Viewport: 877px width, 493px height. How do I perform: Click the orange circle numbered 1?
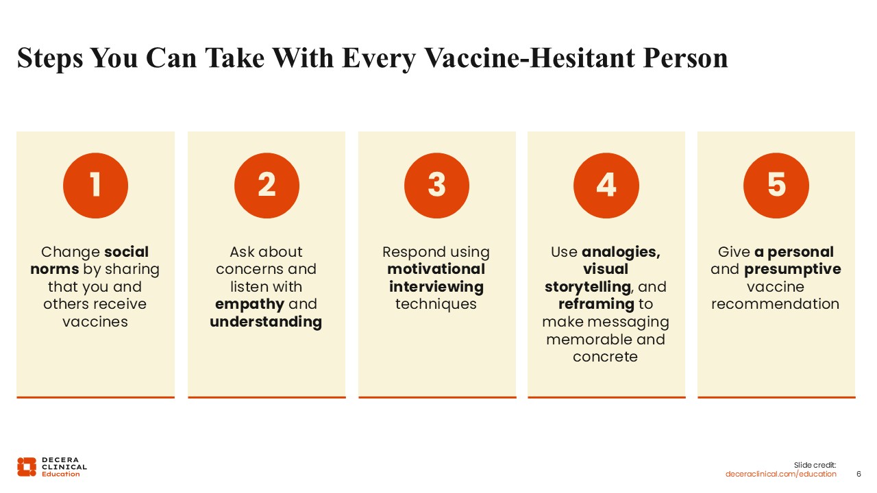tap(95, 186)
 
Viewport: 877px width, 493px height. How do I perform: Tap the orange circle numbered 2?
tap(267, 186)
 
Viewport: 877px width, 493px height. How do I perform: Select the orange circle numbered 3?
tap(436, 186)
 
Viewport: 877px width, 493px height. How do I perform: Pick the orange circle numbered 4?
tap(606, 186)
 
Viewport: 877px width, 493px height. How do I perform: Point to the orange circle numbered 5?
tap(776, 186)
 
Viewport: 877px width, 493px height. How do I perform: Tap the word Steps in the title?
tap(50, 59)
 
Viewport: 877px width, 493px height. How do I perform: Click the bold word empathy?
tap(249, 305)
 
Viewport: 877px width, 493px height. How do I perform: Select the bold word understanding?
tap(266, 322)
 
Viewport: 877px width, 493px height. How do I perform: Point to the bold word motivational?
tap(436, 269)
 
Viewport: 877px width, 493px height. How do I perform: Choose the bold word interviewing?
tap(436, 287)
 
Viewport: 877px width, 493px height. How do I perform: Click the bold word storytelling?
tap(588, 287)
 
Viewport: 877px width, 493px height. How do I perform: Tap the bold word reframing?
tap(596, 305)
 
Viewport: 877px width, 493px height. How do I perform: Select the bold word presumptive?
tap(793, 270)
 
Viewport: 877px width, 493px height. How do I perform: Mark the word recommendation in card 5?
tap(775, 304)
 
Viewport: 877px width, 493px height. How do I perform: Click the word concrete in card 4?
tap(605, 357)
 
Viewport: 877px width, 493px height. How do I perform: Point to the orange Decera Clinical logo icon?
tap(27, 467)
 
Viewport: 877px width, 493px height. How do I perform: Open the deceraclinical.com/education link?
tap(780, 474)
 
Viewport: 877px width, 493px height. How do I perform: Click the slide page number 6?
tap(859, 474)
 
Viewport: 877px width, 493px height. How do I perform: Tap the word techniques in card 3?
tap(436, 305)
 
